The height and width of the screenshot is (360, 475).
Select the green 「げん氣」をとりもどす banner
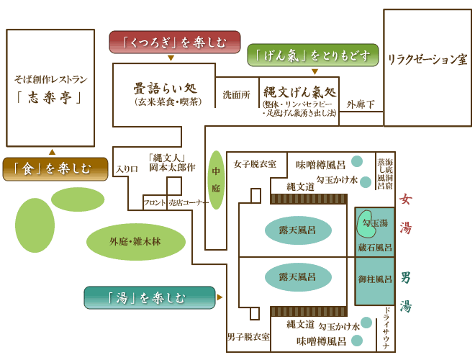(313, 55)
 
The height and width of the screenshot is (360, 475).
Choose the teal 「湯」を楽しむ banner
(150, 297)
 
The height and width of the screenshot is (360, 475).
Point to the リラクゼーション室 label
(427, 58)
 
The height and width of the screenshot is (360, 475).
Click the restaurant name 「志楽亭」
(50, 96)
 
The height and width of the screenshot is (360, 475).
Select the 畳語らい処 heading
(163, 89)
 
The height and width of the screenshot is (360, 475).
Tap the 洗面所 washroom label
(236, 94)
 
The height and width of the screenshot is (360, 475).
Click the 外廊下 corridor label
(361, 104)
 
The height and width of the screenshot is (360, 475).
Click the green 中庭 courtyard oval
(216, 180)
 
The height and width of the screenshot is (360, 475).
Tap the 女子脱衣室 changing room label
(255, 164)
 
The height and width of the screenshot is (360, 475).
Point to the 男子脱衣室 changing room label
(248, 336)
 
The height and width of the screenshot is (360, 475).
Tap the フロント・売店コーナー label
(176, 203)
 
